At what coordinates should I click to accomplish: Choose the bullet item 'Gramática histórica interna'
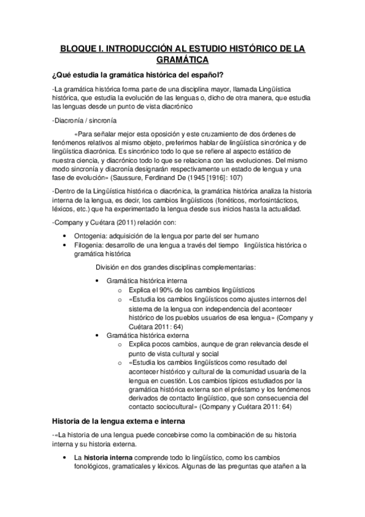coord(143,280)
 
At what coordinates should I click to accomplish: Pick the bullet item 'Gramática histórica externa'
coord(144,335)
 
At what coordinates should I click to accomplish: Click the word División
coord(109,267)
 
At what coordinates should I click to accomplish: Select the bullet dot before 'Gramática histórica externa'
coord(99,335)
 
